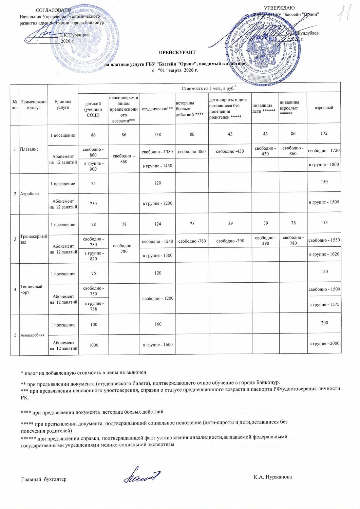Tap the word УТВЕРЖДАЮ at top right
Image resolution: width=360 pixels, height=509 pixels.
click(279, 8)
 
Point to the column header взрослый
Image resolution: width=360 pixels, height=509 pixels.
click(324, 108)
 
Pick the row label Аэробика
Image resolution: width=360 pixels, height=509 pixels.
click(30, 193)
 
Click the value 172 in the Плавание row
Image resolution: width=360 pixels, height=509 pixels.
click(324, 133)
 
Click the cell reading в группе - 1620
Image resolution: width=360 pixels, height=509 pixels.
click(324, 254)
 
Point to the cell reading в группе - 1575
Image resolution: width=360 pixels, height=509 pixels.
click(324, 304)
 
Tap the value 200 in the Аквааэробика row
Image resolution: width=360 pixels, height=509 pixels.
click(324, 323)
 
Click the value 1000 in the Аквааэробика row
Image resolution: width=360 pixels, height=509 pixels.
click(94, 344)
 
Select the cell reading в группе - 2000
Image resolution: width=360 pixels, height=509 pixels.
click(324, 343)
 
